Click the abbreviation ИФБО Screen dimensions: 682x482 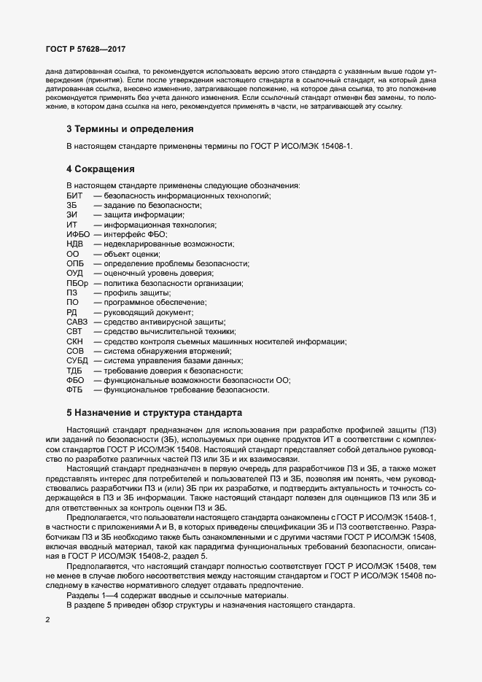pyautogui.click(x=78, y=235)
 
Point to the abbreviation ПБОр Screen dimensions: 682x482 pyautogui.click(x=77, y=283)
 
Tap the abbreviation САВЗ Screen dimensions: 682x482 pyautogui.click(x=77, y=322)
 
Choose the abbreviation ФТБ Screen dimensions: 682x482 pyautogui.click(x=74, y=390)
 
